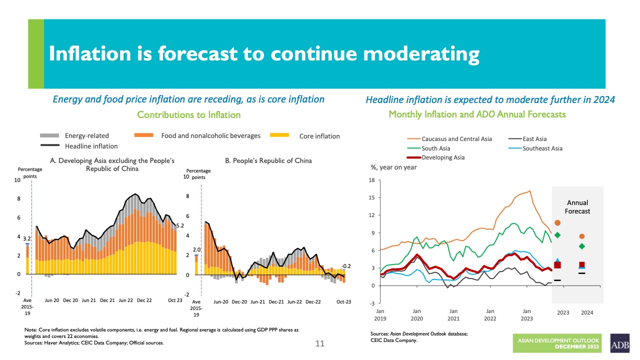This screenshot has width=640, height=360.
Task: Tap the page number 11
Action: click(x=320, y=343)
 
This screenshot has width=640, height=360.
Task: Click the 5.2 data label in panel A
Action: click(x=180, y=225)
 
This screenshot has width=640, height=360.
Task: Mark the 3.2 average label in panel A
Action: click(x=27, y=239)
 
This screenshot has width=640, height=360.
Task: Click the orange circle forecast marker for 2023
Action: click(x=557, y=222)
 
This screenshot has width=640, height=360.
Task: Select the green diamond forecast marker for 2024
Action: click(x=582, y=246)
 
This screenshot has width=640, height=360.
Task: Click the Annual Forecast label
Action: click(x=578, y=207)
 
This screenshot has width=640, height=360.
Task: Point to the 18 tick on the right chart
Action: click(x=370, y=180)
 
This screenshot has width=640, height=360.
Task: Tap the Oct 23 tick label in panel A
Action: click(x=175, y=300)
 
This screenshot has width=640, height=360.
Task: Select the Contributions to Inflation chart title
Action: click(x=188, y=114)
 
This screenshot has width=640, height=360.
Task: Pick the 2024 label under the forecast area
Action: click(x=587, y=312)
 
